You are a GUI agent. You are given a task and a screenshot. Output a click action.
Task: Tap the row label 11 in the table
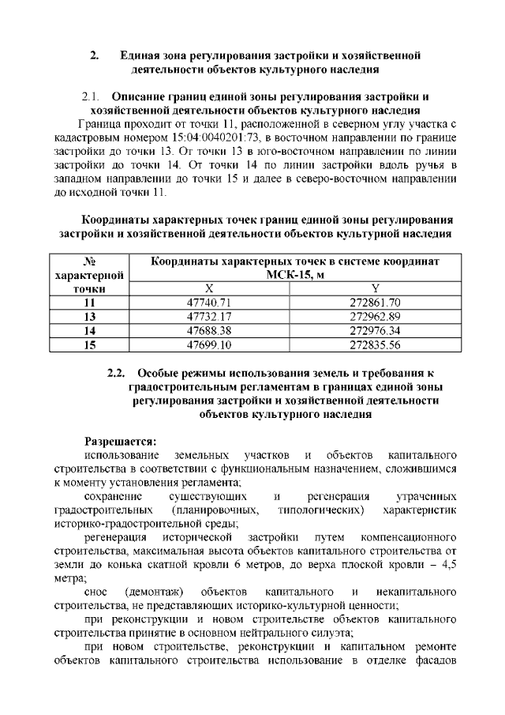click(89, 303)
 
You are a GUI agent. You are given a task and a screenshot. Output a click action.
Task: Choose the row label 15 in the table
click(89, 345)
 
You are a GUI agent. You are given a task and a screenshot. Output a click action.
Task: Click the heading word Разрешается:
click(121, 442)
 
